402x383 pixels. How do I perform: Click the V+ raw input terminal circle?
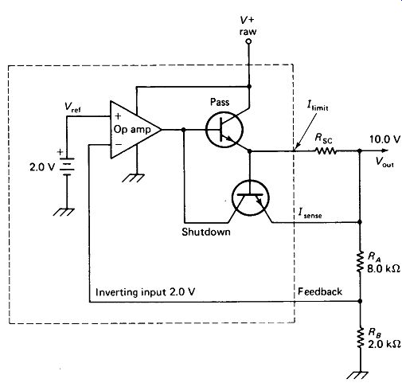(x=248, y=41)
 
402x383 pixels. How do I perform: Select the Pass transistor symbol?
(x=224, y=130)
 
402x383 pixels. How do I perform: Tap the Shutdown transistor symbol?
(x=250, y=197)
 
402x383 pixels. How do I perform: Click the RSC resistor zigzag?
(x=326, y=151)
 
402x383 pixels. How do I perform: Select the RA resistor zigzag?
(x=360, y=262)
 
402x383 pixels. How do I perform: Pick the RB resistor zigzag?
(x=360, y=338)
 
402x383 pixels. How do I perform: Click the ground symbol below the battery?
(x=64, y=212)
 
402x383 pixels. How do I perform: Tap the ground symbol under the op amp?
(x=134, y=178)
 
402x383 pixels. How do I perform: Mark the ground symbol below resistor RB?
(x=357, y=375)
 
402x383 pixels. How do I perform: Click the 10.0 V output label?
(x=384, y=139)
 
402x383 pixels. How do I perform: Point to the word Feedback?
(x=320, y=291)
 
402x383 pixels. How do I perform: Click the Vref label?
(x=72, y=107)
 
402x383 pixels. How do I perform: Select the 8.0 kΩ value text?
(x=384, y=269)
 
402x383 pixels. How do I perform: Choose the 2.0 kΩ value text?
(x=384, y=344)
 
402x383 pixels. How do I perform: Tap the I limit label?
(x=318, y=106)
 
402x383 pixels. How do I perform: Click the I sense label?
(x=310, y=213)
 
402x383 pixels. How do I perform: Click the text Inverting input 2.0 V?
(x=145, y=292)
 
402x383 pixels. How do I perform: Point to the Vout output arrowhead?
(x=384, y=150)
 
